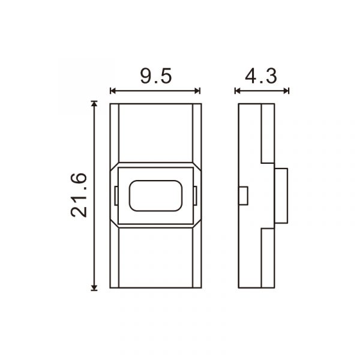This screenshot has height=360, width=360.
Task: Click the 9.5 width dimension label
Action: pos(156,76)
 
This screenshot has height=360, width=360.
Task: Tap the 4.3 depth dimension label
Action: pos(261,76)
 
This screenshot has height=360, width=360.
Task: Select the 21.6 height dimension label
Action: pos(79,195)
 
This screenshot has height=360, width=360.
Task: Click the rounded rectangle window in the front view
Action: pos(155,196)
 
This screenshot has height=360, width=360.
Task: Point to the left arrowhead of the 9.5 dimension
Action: pos(113,91)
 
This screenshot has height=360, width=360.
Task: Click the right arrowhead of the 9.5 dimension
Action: pos(197,91)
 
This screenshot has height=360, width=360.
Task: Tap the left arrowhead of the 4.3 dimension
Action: pos(238,91)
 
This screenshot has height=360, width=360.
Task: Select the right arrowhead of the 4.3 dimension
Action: pos(286,91)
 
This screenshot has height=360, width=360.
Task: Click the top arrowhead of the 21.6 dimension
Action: pos(94,104)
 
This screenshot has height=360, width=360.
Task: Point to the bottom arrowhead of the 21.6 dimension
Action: pos(94,288)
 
